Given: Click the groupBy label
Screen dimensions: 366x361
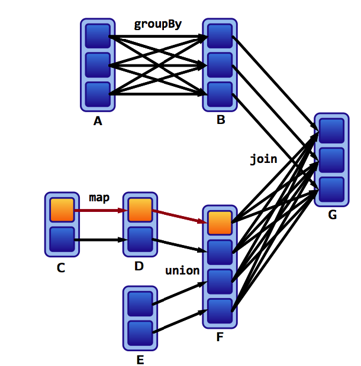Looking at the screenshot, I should pos(157,24).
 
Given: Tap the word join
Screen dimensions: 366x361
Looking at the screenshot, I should pos(263,159).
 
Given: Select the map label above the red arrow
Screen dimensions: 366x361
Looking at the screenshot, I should pos(99,197).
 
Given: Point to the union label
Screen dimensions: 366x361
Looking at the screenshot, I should pos(182,271).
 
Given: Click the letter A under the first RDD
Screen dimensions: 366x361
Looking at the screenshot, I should pos(98,122).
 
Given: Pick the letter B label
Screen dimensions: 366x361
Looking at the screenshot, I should pos(220,120).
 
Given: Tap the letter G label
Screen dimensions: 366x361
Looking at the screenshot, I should pos(332,215).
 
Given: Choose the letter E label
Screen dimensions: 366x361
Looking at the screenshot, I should pos(140,358).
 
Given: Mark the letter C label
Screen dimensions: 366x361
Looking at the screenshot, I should pos(61,267).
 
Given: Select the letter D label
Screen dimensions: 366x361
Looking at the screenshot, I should pos(139,266).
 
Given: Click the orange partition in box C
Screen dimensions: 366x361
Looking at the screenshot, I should pos(62,210).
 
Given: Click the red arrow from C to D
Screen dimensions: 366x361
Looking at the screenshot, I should pos(99,210).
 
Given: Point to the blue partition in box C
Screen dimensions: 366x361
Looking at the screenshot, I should pos(62,239).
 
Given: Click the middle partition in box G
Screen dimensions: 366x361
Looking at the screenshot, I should pos(332,159).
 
